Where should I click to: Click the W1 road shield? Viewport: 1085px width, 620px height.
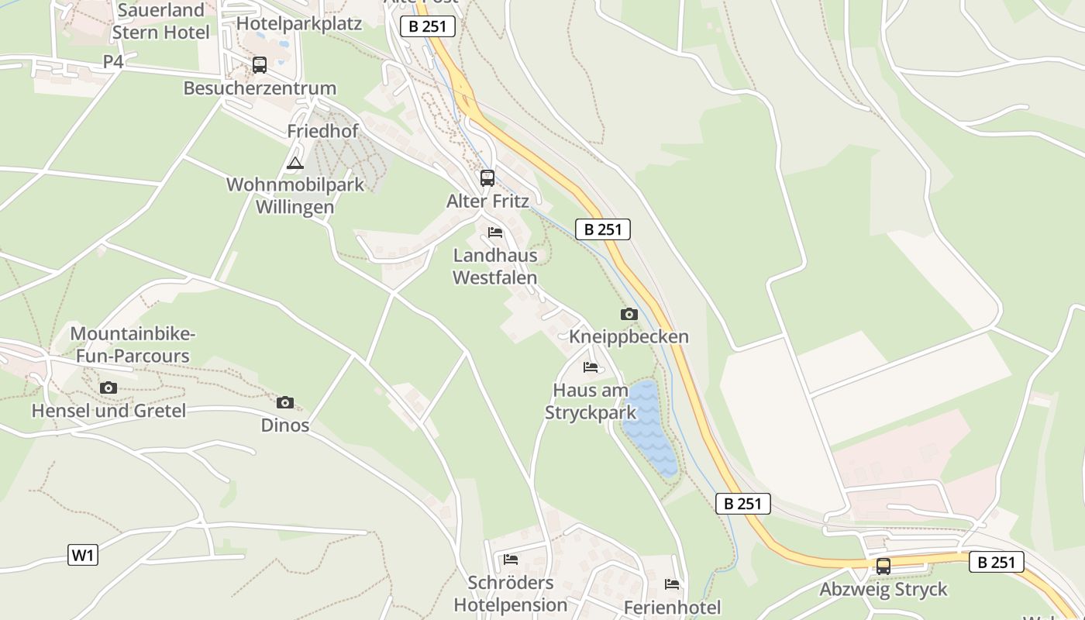(83, 555)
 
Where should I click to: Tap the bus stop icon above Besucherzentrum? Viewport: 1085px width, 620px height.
(259, 65)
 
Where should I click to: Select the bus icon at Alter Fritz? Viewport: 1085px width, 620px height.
(487, 178)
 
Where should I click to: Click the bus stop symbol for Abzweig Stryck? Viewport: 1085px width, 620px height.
(883, 567)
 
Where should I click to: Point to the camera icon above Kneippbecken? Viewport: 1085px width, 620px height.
(629, 314)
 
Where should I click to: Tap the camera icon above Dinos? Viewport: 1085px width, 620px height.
(284, 402)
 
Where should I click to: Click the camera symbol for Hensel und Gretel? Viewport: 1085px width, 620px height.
(108, 387)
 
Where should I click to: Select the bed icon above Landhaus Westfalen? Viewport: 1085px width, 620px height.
(495, 232)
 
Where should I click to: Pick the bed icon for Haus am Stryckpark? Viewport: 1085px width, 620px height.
(591, 367)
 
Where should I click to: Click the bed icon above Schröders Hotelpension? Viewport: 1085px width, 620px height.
(510, 559)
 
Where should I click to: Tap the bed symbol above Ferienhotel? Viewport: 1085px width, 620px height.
(672, 584)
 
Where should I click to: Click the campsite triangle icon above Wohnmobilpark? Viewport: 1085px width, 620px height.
(294, 163)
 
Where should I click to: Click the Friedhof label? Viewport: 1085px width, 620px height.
(322, 131)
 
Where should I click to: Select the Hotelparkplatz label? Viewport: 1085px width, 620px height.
(299, 23)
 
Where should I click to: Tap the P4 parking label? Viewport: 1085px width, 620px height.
(113, 61)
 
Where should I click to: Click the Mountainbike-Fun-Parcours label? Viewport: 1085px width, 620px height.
(133, 345)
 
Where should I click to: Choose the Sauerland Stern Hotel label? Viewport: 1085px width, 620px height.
(160, 21)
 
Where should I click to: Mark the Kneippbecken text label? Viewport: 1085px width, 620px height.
(629, 337)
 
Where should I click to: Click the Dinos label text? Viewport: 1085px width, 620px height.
(284, 425)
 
